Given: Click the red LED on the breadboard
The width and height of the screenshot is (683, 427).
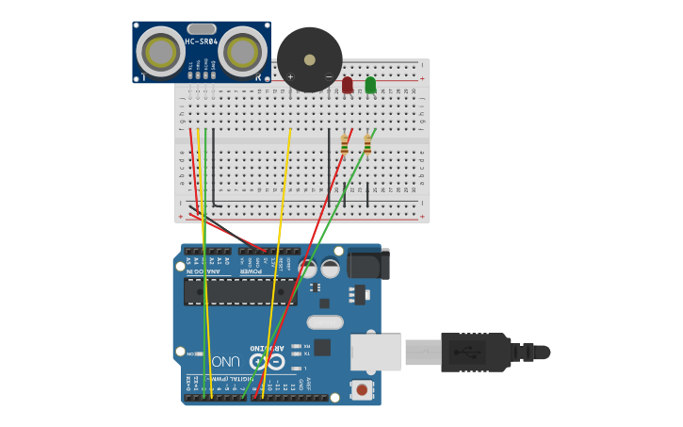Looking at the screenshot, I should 348,85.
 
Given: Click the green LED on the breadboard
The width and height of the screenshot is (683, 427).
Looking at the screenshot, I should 370,85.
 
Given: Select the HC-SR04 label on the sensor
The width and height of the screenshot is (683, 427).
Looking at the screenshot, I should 202,42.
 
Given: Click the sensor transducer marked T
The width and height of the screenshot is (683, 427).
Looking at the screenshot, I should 161,52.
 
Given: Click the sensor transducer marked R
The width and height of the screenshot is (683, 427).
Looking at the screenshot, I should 242,52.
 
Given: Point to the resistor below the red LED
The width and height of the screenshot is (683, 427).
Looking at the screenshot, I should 345,144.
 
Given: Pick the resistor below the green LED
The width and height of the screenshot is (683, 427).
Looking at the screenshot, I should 367,144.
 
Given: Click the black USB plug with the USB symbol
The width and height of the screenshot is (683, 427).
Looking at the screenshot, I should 475,352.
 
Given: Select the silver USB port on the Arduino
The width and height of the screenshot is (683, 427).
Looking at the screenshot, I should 376,352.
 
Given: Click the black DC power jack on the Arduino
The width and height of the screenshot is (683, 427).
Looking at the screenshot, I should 367,264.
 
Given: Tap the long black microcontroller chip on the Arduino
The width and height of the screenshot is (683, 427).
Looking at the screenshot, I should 240,291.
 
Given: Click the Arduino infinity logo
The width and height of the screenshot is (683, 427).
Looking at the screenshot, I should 267,361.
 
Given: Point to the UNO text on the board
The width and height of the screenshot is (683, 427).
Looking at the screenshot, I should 225,362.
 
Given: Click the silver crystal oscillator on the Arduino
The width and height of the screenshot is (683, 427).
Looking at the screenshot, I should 325,322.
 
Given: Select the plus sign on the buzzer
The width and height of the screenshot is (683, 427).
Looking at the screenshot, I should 290,76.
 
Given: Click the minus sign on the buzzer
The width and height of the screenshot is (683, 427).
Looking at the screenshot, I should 329,76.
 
